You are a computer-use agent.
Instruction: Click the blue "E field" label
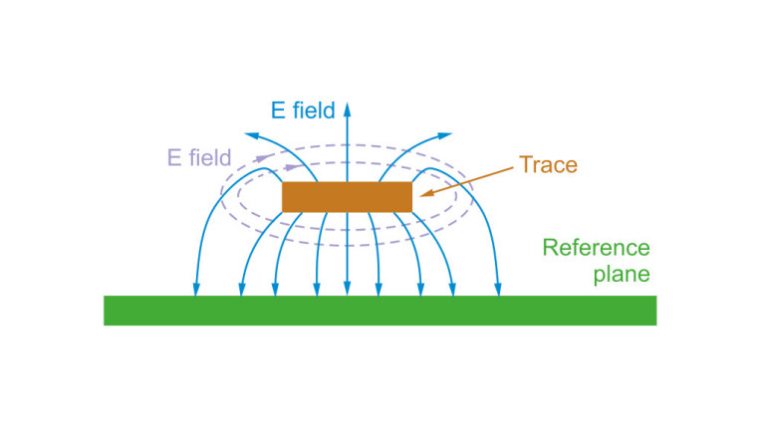click(303, 110)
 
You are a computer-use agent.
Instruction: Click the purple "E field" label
click(199, 157)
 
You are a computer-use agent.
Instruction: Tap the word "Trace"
click(549, 165)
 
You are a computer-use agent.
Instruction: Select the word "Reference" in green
click(596, 248)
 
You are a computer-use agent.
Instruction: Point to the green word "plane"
click(622, 275)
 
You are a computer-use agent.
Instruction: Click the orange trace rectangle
click(347, 197)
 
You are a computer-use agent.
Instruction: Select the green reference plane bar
click(380, 311)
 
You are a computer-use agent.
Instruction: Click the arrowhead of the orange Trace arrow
click(426, 193)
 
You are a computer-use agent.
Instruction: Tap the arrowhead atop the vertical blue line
click(347, 109)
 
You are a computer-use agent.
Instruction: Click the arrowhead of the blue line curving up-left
click(251, 135)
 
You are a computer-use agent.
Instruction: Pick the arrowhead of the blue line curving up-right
click(445, 135)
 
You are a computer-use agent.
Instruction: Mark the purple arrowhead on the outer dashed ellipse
click(262, 158)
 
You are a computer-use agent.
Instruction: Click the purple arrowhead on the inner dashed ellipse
click(292, 167)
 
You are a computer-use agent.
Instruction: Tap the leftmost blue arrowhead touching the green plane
click(196, 289)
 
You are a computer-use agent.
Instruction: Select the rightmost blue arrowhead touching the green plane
click(498, 289)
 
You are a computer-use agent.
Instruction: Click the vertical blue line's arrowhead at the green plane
click(347, 289)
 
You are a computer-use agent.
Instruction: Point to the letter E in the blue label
click(278, 110)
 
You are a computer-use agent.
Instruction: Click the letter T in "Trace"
click(526, 165)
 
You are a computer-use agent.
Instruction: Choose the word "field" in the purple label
click(209, 157)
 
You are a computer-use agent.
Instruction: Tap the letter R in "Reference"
click(550, 248)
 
